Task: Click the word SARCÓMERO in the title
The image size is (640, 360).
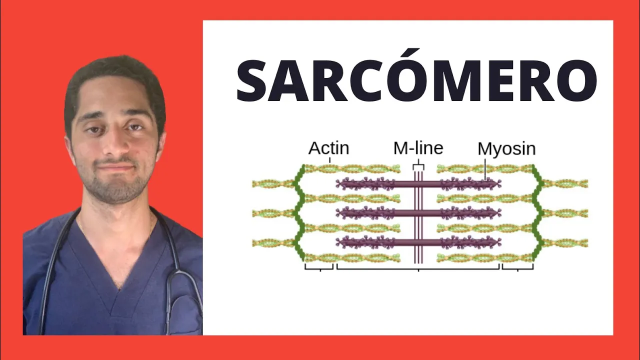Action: [x=416, y=80]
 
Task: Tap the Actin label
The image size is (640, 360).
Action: [x=328, y=148]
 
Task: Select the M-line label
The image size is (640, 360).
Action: [x=418, y=148]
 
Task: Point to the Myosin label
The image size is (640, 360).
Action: [x=506, y=149]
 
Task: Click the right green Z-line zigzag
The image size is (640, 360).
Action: [x=537, y=212]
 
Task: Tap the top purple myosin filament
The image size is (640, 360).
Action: [x=418, y=184]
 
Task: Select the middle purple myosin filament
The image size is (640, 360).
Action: [x=418, y=213]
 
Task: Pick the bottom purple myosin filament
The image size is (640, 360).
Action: [x=418, y=242]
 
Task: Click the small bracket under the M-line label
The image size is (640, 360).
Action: [x=418, y=166]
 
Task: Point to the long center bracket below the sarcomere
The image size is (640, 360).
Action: [x=418, y=268]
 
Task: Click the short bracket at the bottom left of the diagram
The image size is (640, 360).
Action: [x=319, y=268]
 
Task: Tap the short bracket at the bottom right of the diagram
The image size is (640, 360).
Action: [x=517, y=268]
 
